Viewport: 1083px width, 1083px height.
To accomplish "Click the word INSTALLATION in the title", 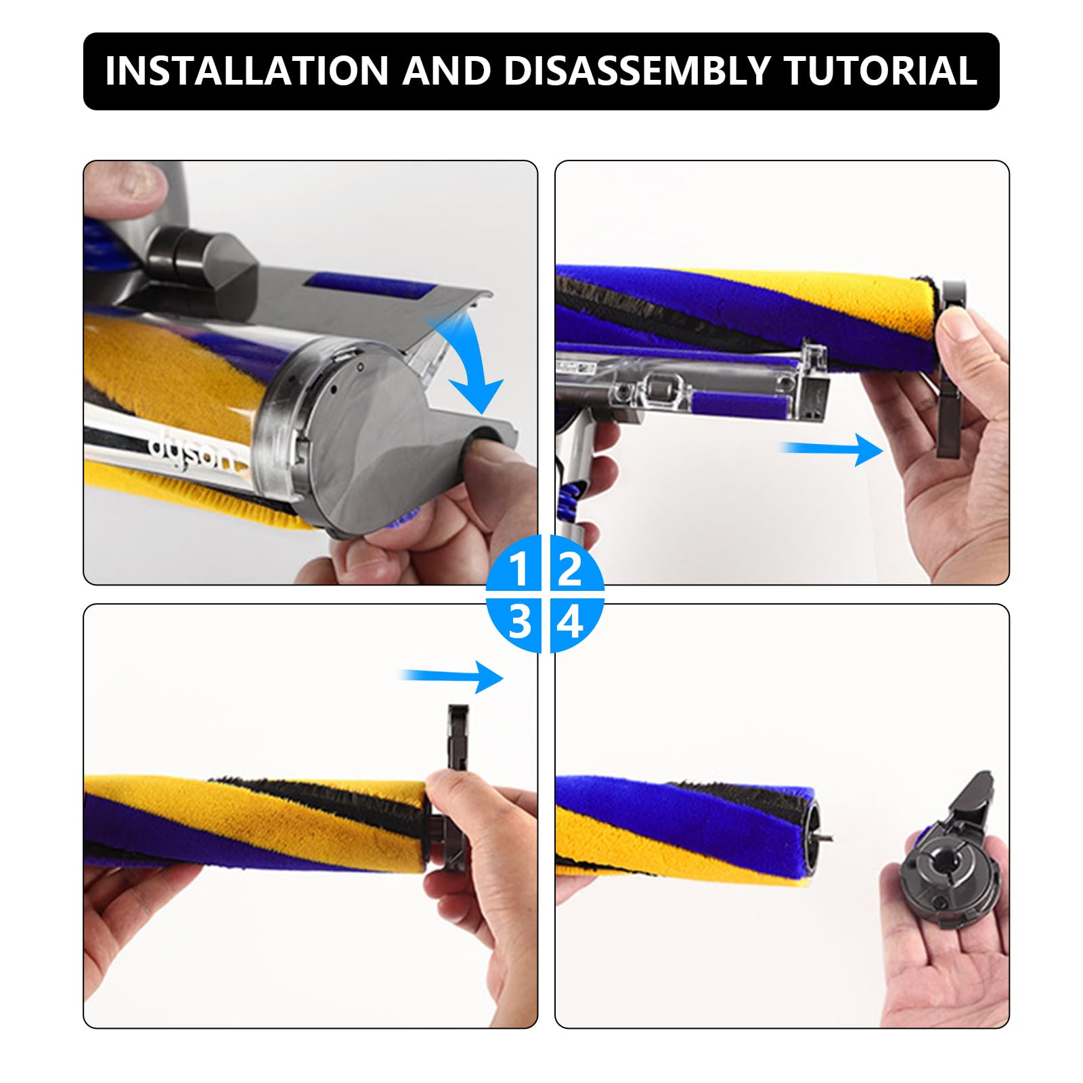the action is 247,70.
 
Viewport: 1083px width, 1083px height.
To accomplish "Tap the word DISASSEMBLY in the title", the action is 637,70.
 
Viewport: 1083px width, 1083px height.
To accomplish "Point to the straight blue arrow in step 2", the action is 831,449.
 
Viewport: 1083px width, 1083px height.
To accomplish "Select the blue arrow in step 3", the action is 452,676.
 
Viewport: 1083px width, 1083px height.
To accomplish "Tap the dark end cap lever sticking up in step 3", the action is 458,738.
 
